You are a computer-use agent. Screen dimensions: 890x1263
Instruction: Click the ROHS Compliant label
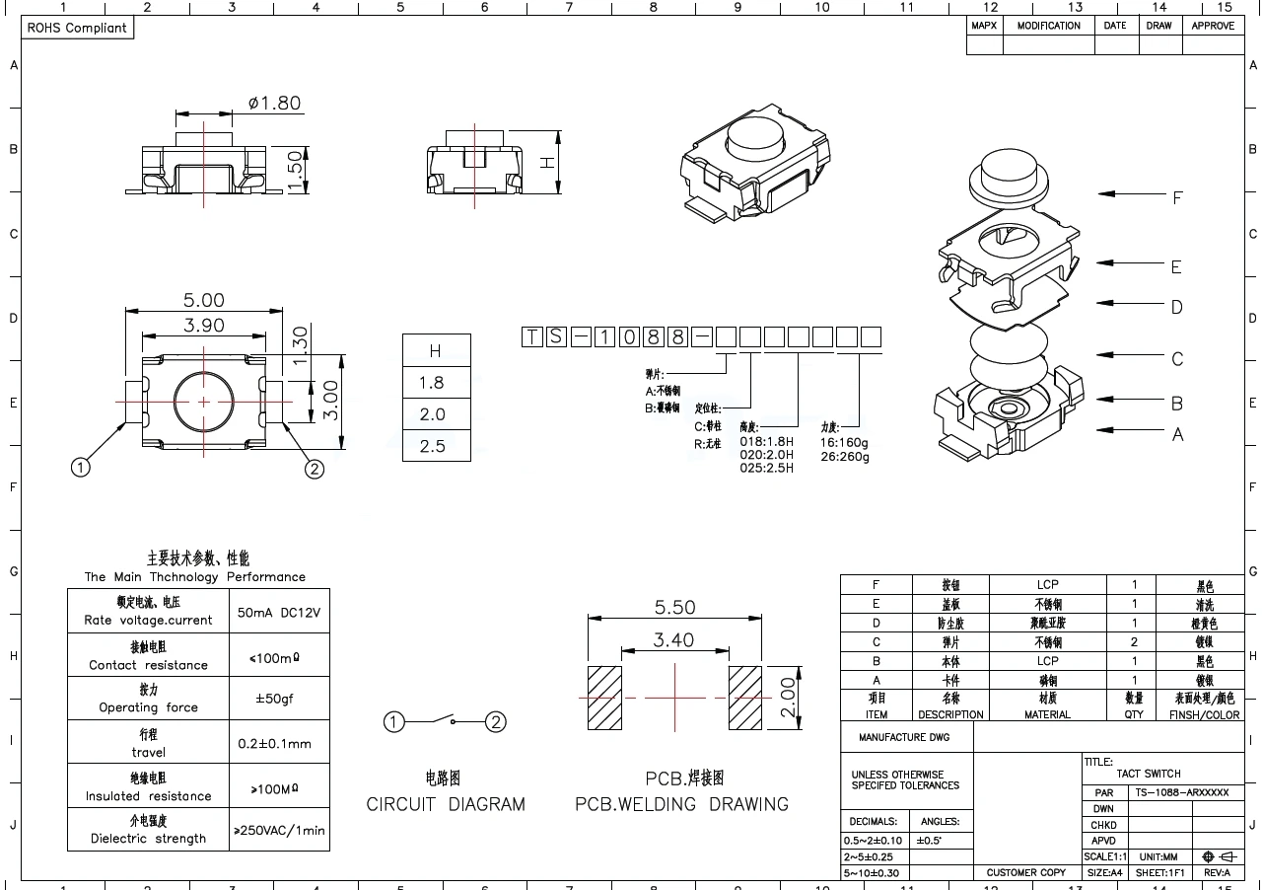[77, 28]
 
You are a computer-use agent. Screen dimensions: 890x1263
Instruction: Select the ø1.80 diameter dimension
[274, 103]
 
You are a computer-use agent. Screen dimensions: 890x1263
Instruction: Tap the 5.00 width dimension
[203, 300]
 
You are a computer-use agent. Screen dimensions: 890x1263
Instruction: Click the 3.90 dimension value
[204, 325]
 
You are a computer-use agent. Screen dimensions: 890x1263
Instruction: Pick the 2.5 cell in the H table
[433, 446]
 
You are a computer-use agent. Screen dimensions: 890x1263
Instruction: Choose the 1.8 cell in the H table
[433, 383]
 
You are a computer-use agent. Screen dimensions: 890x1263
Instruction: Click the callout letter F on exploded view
[1176, 198]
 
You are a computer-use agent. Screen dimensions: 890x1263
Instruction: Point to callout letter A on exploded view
[1176, 434]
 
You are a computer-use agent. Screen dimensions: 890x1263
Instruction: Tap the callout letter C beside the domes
[1176, 359]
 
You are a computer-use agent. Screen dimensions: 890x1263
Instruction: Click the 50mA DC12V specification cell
[279, 612]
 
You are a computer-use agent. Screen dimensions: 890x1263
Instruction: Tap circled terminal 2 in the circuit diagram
[496, 722]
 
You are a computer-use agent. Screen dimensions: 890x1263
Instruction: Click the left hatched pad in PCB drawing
[604, 698]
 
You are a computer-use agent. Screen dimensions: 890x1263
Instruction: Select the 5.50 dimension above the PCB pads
[674, 608]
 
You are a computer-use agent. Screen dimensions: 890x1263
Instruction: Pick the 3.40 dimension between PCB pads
[674, 640]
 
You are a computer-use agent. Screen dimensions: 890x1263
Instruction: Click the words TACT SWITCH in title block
[1149, 774]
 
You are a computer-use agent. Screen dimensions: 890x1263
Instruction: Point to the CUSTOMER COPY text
[1026, 872]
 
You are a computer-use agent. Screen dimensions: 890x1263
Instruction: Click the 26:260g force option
[845, 456]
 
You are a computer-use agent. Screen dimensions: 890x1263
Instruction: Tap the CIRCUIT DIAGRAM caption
[446, 804]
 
